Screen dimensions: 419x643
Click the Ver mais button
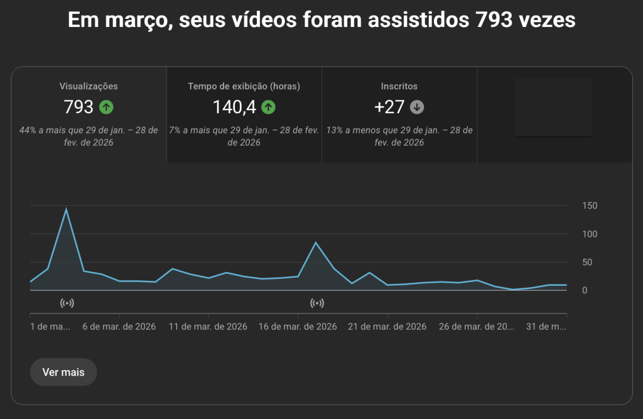63,372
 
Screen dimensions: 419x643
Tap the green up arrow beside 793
106,107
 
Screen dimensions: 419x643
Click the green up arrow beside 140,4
269,107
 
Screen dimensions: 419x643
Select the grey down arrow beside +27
417,107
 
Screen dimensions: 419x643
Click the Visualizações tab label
89,87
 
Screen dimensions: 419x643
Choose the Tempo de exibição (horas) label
244,87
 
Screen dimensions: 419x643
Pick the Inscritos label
399,87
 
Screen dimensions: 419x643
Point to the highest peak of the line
66,209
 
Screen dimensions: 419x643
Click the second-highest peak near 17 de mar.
316,242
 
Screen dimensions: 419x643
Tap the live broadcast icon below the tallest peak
67,303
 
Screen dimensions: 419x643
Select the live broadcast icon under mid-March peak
318,303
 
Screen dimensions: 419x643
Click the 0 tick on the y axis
585,290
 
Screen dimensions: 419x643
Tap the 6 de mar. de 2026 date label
119,327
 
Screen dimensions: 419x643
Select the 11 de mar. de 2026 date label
209,327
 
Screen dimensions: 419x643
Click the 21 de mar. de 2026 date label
388,327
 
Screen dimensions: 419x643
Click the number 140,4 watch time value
234,107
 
